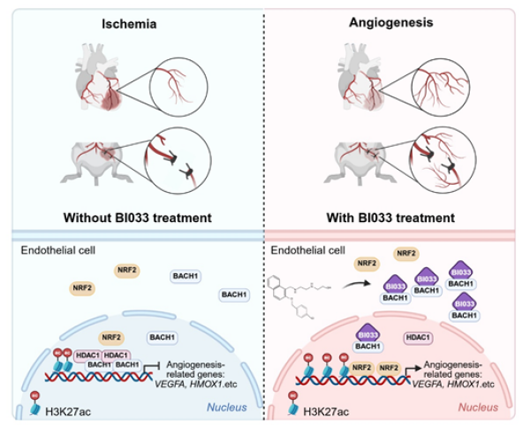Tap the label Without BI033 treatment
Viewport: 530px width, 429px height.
(x=132, y=216)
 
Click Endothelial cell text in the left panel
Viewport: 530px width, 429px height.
(x=58, y=252)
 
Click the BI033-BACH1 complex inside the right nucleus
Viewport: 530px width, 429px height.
(x=368, y=340)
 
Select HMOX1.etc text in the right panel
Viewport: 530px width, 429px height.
(x=462, y=384)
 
